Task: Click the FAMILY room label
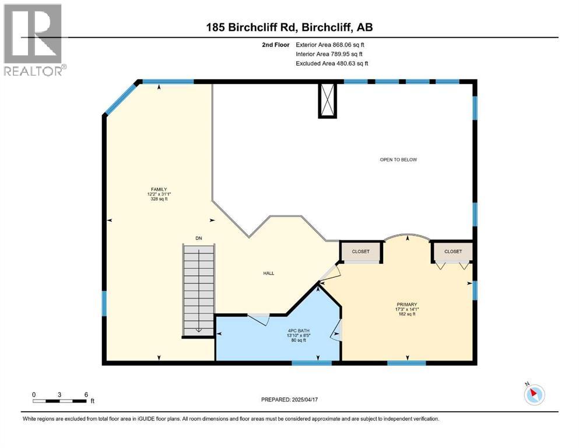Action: pos(158,189)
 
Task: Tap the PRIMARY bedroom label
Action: pos(407,304)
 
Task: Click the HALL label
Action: pos(268,273)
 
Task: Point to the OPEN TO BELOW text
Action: pos(398,159)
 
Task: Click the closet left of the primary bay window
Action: pos(361,251)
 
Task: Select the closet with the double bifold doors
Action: pos(452,251)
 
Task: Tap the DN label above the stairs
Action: pos(198,238)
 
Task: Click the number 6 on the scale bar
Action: pos(86,394)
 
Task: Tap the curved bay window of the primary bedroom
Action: pos(407,236)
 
